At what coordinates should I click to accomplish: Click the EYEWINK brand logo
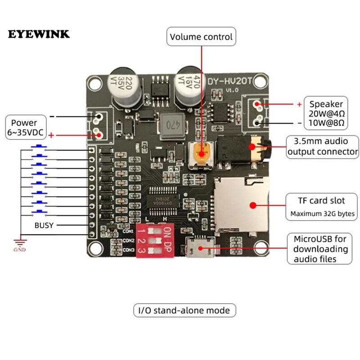point(39,35)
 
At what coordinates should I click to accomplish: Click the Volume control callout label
point(201,36)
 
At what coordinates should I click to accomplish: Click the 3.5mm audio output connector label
point(323,147)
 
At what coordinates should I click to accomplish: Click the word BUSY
point(45,225)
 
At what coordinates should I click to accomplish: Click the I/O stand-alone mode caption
point(184,310)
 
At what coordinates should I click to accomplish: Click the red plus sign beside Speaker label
point(299,104)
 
